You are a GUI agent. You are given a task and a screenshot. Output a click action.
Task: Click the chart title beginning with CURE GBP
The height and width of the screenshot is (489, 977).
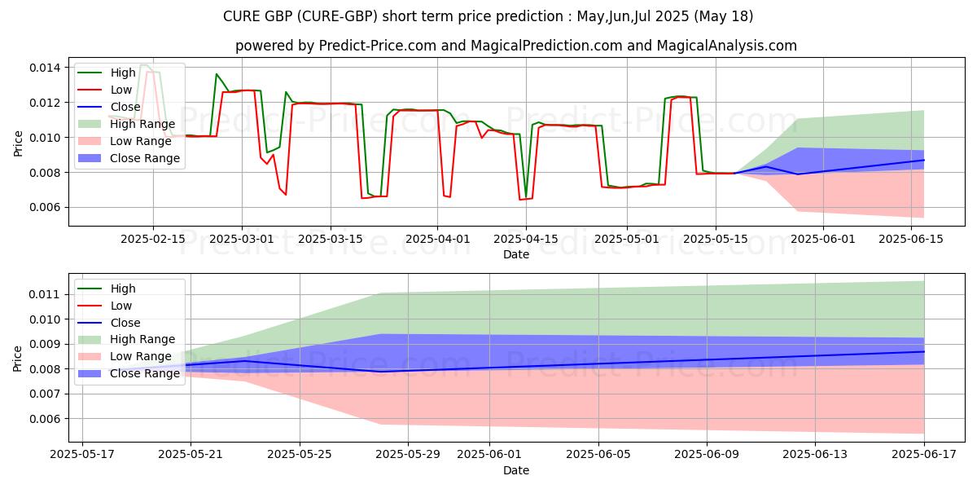[488, 16]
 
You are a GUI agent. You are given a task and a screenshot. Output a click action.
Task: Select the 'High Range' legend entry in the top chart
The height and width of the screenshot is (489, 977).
[142, 124]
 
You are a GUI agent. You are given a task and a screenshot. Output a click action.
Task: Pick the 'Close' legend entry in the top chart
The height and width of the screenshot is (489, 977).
[125, 107]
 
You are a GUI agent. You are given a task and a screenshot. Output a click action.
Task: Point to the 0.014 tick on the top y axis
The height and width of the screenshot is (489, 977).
[46, 67]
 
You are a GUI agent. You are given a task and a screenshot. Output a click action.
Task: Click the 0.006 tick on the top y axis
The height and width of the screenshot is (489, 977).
[46, 207]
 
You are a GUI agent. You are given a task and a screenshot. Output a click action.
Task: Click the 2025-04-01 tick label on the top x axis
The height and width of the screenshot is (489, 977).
[437, 239]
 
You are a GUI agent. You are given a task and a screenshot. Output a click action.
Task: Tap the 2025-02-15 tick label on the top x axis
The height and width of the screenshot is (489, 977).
[153, 239]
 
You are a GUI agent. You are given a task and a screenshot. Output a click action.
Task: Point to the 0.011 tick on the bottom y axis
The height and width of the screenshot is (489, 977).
[46, 294]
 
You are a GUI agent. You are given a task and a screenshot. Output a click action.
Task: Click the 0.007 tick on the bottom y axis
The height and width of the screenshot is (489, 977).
[46, 394]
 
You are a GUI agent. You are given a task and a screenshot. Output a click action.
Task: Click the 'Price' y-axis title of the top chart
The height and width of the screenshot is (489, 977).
[19, 143]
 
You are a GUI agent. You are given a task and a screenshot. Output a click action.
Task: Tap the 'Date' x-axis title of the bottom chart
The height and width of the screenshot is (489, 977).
[516, 471]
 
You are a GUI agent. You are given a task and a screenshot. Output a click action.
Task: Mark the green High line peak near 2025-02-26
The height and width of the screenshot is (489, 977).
[217, 74]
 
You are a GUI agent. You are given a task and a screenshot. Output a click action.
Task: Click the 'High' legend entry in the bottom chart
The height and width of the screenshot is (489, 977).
[123, 289]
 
